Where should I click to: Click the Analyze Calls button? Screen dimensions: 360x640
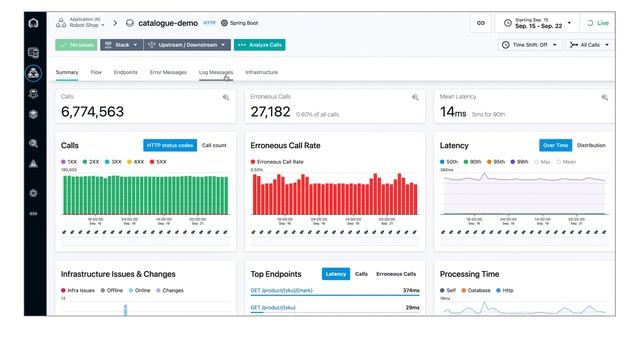(259, 45)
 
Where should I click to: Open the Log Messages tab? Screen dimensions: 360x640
(215, 72)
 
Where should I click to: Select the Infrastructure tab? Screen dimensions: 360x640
(261, 72)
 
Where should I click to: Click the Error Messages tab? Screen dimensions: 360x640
(168, 72)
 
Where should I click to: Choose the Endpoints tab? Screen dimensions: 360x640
(126, 72)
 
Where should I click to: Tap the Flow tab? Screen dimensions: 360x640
(97, 72)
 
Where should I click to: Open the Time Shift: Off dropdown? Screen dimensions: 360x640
(530, 45)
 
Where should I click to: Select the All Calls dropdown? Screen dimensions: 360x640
(590, 45)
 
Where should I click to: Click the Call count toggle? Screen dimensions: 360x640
(214, 145)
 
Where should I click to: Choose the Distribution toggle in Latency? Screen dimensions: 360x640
(591, 145)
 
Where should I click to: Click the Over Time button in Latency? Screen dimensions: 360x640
(554, 145)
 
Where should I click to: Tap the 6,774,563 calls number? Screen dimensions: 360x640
(92, 112)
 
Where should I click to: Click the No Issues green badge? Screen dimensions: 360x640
(77, 45)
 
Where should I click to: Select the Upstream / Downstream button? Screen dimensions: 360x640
(187, 45)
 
